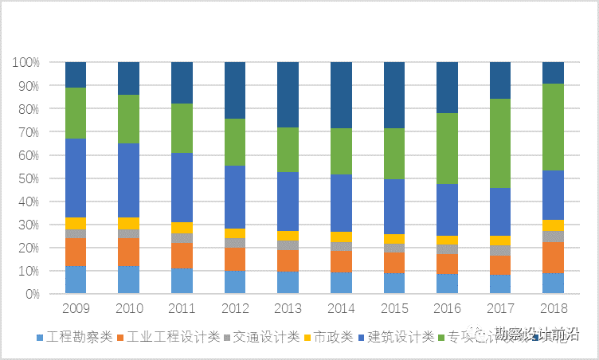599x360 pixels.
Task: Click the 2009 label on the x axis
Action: (76, 307)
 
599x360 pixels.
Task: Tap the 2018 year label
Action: (553, 307)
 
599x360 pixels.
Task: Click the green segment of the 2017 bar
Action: (500, 143)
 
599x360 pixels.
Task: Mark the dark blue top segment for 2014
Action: (341, 95)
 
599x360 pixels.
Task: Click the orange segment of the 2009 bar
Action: (76, 252)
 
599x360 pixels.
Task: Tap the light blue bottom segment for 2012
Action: (235, 282)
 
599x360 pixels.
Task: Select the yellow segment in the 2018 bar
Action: (553, 225)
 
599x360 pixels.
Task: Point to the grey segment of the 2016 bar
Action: (447, 249)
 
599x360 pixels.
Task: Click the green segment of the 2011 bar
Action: (182, 128)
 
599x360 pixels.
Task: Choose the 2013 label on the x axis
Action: (288, 307)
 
